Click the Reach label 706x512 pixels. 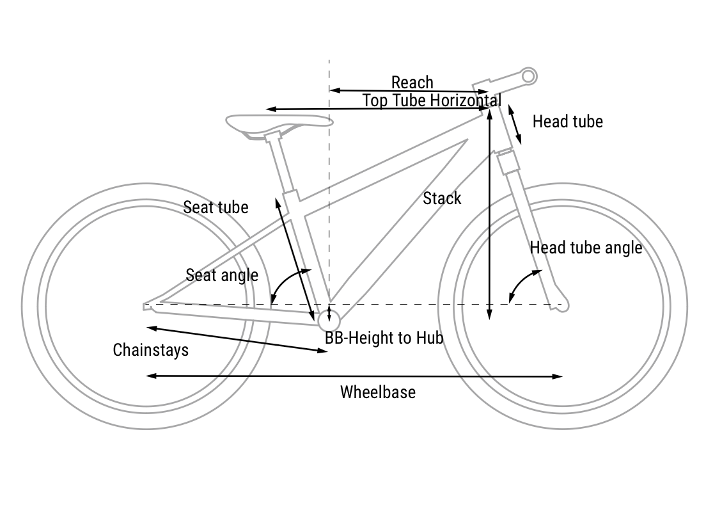pyautogui.click(x=412, y=83)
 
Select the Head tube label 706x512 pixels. pyautogui.click(x=567, y=122)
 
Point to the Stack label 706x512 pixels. pyautogui.click(x=442, y=198)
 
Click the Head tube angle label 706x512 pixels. pyautogui.click(x=586, y=248)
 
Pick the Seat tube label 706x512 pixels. pyautogui.click(x=216, y=207)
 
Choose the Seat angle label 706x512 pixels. pyautogui.click(x=222, y=275)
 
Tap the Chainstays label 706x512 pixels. pyautogui.click(x=151, y=350)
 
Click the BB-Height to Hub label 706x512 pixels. pyautogui.click(x=384, y=338)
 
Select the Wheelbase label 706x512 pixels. pyautogui.click(x=377, y=392)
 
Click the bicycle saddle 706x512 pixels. pyautogui.click(x=279, y=122)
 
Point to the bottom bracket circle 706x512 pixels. pyautogui.click(x=329, y=320)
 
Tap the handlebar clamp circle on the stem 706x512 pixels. pyautogui.click(x=528, y=76)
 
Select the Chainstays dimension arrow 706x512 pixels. pyautogui.click(x=237, y=339)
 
